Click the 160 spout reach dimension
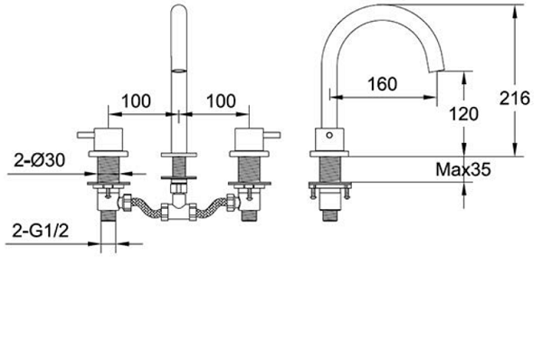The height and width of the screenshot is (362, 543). point(382,84)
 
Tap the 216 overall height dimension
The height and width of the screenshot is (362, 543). point(515,99)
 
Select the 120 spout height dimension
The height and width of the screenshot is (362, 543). point(463,114)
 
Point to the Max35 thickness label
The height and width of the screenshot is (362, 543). point(463,170)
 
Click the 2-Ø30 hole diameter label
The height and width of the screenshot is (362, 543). point(40,160)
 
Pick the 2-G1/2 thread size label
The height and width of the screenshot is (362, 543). point(41,231)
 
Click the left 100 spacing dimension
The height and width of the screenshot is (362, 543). point(136,101)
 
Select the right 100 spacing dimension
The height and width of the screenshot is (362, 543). point(221,101)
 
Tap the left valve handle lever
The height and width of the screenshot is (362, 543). point(86,135)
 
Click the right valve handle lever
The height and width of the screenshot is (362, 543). point(272,135)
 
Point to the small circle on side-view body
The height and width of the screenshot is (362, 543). point(329,135)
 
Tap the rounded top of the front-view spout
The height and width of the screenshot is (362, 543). point(179,9)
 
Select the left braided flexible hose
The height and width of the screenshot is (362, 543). point(146,206)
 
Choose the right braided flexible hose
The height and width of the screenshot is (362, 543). point(212,207)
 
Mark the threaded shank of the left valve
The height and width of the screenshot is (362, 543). point(108,169)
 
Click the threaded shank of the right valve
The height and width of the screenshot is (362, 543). point(250,169)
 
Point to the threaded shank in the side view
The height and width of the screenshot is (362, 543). point(329,169)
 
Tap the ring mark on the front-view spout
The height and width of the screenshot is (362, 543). point(179,71)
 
